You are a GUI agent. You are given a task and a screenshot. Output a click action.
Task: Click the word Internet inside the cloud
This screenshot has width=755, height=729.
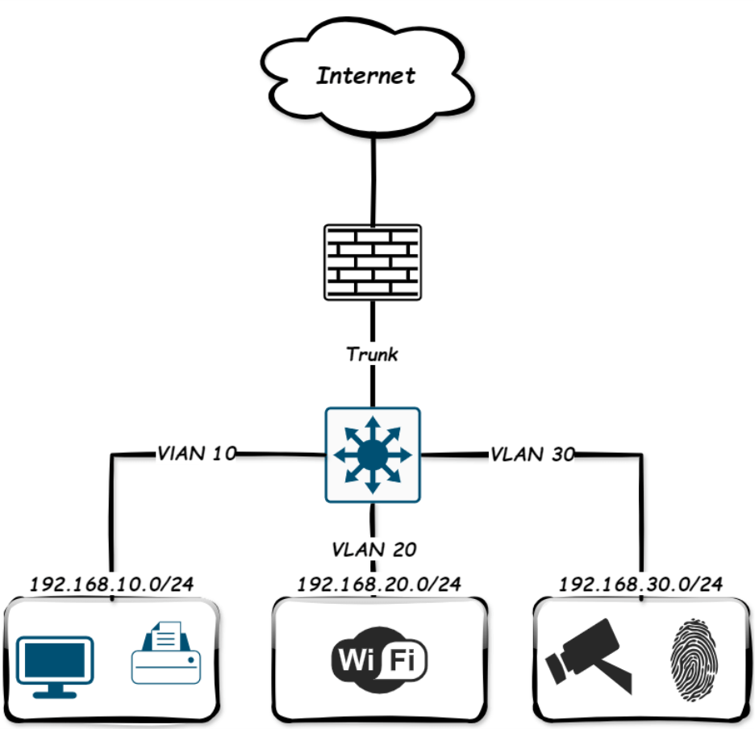coord(366,76)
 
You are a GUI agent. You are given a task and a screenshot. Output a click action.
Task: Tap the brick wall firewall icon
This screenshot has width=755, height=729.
coord(372,262)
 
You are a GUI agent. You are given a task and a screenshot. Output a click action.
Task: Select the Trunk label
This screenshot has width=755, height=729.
coord(372,354)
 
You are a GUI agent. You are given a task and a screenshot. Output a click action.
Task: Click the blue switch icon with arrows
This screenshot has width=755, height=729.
coord(372,455)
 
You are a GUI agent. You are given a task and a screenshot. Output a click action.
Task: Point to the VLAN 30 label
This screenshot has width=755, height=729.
coord(532,455)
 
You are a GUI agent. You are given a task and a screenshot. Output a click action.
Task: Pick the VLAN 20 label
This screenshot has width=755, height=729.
coord(373,550)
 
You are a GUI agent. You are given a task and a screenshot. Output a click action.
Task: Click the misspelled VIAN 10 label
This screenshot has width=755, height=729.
coord(195,454)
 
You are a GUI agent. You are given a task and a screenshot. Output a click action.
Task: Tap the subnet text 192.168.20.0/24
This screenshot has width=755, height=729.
coord(379,584)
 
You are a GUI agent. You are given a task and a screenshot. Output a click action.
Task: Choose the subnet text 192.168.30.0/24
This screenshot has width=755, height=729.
coord(640,584)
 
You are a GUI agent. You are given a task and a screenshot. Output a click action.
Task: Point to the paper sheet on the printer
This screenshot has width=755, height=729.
coord(165,635)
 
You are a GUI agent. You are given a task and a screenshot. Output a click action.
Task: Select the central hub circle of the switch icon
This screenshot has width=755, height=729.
coord(372,455)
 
